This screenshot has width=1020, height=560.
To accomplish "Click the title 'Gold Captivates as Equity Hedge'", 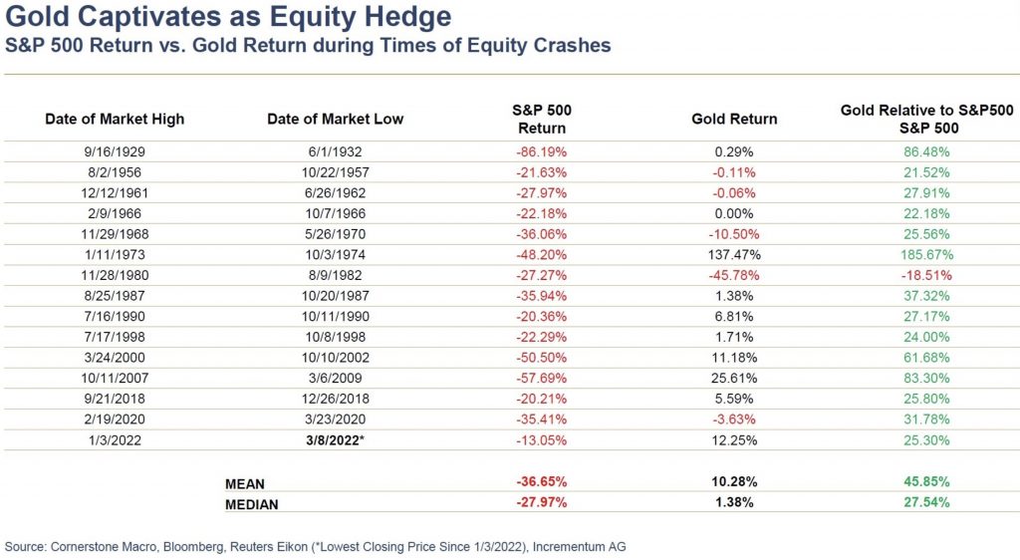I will click(227, 17).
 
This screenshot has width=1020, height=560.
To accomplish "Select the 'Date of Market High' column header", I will click(115, 119).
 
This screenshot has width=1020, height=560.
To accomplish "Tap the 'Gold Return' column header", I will click(734, 119).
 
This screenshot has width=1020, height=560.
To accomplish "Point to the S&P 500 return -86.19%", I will click(542, 152).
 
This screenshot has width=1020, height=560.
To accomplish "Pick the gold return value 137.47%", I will click(734, 254).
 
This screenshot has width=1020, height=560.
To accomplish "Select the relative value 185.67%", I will click(926, 254).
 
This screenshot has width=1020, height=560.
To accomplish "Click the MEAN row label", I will click(245, 483).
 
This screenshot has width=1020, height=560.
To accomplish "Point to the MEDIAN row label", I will click(252, 503).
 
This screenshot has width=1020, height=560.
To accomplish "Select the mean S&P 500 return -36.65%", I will click(542, 483).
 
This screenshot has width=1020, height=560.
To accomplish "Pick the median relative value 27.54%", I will click(926, 503).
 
